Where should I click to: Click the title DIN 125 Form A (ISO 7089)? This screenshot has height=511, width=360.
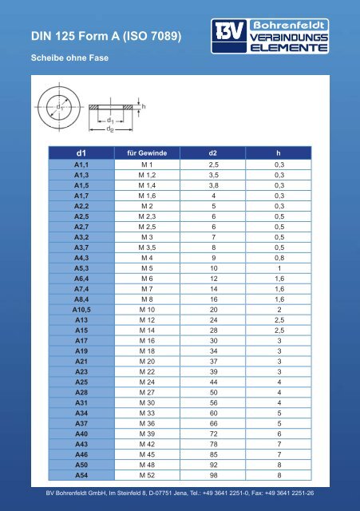coord(105,36)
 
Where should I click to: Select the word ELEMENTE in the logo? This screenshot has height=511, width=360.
coord(290,47)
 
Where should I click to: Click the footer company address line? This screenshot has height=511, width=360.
coord(180,492)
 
